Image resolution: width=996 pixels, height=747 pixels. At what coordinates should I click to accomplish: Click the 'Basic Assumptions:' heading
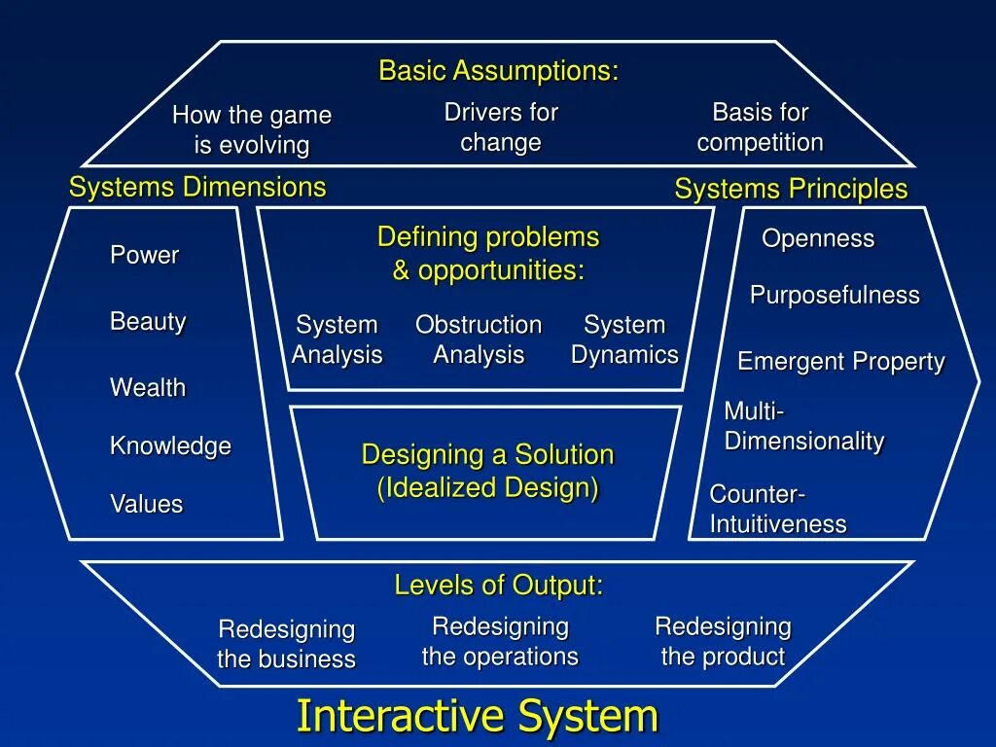[x=498, y=71]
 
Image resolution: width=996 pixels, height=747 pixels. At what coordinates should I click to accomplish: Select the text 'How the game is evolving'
[x=252, y=130]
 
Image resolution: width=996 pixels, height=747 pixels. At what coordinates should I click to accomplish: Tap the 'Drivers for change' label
[x=501, y=127]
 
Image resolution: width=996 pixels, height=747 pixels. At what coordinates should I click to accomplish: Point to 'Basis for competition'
[x=760, y=127]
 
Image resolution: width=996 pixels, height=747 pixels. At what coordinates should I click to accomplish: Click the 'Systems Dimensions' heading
[x=197, y=187]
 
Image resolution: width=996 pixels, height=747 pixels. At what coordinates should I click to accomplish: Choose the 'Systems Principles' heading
[x=791, y=189]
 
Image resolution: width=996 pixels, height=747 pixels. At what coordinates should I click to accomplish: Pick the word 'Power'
[x=145, y=255]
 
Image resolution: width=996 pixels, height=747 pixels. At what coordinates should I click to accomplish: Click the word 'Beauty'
[x=148, y=321]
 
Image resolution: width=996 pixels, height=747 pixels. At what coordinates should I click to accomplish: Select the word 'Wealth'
[x=148, y=387]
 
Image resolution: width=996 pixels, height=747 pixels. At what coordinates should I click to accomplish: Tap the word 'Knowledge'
[x=170, y=445]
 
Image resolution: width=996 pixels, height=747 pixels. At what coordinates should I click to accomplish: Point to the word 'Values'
[x=146, y=504]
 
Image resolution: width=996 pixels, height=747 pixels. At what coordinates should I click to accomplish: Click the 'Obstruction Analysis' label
[x=479, y=339]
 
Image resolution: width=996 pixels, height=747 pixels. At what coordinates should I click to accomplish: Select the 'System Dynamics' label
[x=624, y=339]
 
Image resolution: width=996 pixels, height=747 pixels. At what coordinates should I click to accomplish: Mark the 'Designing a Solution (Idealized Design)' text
[x=487, y=471]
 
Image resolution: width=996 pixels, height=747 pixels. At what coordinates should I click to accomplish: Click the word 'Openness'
[x=818, y=238]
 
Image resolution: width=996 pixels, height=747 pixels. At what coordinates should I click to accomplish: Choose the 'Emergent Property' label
[x=841, y=362]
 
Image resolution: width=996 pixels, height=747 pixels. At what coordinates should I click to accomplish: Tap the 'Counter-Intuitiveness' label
[x=778, y=509]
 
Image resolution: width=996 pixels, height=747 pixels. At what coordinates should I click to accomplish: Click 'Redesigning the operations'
[x=500, y=641]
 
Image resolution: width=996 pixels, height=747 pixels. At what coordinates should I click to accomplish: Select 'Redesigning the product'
[x=723, y=641]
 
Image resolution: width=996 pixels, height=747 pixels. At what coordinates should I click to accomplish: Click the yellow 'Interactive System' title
[x=478, y=716]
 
